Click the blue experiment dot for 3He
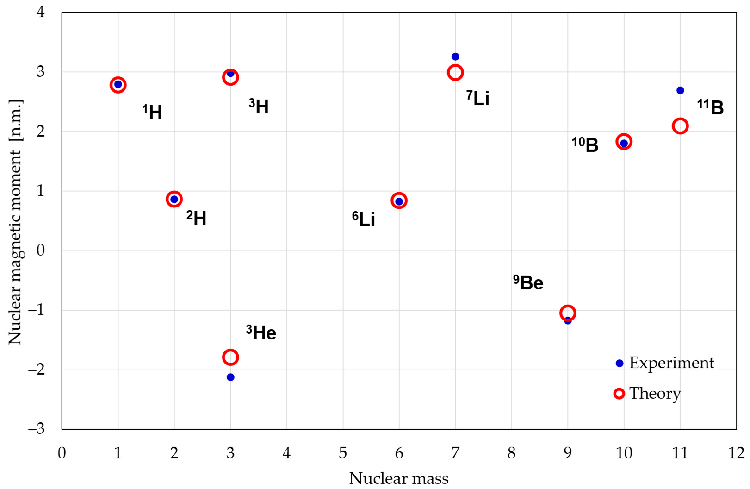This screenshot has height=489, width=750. [x=230, y=377]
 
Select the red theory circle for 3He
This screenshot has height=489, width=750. [x=230, y=357]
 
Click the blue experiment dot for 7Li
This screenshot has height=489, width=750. [x=455, y=56]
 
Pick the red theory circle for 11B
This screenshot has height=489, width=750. [x=680, y=126]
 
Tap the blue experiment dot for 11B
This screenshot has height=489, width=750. [x=680, y=90]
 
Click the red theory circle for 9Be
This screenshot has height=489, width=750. [x=568, y=313]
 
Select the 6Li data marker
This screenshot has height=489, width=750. [x=399, y=201]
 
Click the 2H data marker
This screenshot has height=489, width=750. [x=174, y=199]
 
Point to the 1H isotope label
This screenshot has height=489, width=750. [x=152, y=112]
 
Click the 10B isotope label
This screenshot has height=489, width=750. [x=585, y=144]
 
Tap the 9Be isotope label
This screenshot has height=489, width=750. [x=528, y=282]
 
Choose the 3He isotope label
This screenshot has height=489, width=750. [x=261, y=332]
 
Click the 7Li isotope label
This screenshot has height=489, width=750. [x=478, y=98]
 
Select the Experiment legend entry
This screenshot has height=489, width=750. [x=665, y=363]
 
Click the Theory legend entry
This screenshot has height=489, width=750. [x=648, y=393]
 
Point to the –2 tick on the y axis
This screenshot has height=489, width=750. [x=37, y=370]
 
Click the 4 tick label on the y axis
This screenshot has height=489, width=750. [x=41, y=12]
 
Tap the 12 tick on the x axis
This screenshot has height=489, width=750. [x=736, y=453]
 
